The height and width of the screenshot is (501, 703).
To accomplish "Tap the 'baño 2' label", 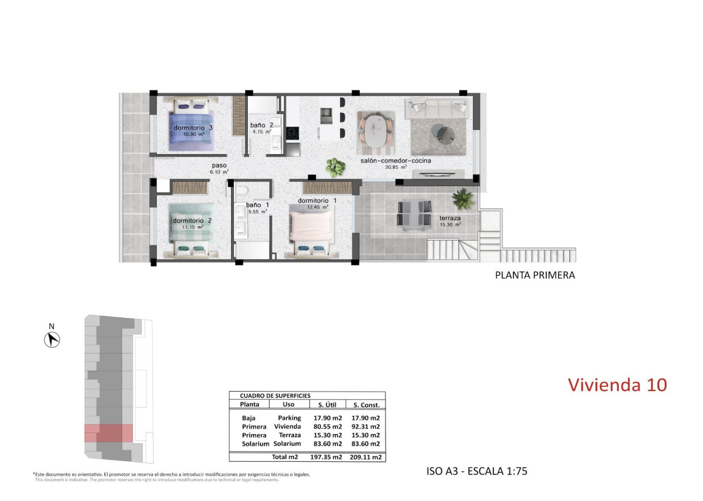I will pos(261,125).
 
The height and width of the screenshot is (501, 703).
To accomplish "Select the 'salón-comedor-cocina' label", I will pos(396,161).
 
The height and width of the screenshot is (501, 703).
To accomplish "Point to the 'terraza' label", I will pos(450,218).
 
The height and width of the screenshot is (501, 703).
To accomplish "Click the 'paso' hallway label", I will pos(219,165).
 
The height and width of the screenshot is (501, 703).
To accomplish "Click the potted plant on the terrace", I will pos(463,199).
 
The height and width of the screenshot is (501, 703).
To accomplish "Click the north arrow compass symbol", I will pos(52,340).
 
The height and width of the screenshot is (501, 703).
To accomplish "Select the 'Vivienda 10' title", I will pos(617,385).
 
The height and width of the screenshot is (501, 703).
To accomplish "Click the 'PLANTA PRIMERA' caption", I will pos(535,275).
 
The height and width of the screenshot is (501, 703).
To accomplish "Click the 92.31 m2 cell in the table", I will pos(366,427).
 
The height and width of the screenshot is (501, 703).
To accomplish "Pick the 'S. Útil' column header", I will pos(329,405).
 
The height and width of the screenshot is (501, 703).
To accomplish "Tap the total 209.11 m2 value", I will pos(366,457).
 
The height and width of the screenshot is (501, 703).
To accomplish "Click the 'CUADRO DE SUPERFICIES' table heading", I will pos(270,396).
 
